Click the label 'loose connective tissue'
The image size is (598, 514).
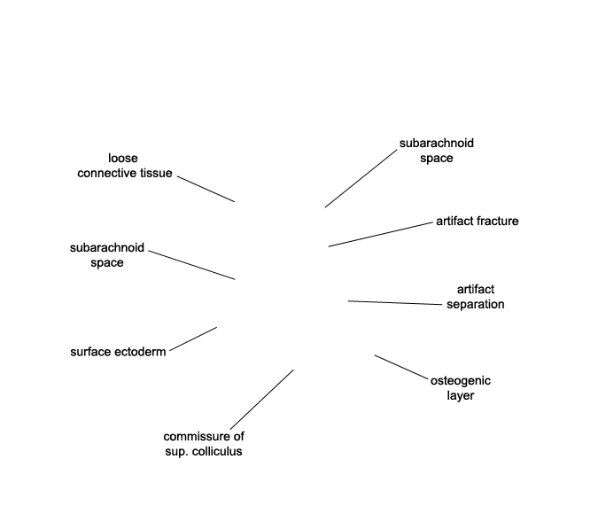124,166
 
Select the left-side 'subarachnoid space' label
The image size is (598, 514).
106,255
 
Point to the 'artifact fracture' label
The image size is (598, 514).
477,222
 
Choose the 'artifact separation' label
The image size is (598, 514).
475,297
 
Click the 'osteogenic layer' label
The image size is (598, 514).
460,388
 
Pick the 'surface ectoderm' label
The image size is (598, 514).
118,352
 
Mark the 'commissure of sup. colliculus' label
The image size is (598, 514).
204,443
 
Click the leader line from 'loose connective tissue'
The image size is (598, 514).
206,188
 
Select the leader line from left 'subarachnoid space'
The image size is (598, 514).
191,265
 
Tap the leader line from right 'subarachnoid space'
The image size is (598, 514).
361,178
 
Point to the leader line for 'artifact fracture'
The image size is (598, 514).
379,234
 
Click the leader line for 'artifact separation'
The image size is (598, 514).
394,303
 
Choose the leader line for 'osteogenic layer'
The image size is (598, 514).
401,368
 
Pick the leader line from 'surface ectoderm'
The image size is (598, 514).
193,339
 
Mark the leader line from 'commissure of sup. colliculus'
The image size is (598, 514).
261,400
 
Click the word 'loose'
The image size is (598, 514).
123,159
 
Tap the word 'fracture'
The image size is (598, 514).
498,222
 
